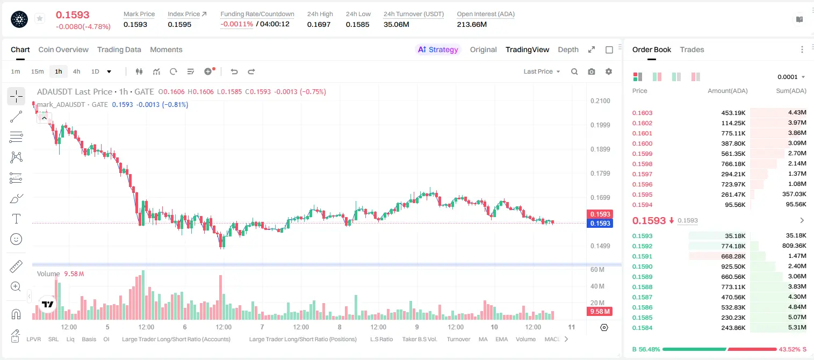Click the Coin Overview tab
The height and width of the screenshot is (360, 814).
tap(63, 49)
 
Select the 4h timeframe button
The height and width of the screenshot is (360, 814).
tap(76, 71)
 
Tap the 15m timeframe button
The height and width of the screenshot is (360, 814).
tap(38, 71)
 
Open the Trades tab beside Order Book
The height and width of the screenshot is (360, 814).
tap(692, 49)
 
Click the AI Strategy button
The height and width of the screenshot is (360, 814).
tap(438, 49)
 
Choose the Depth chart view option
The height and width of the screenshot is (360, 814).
tap(568, 49)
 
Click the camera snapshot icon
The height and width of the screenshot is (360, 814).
tap(592, 71)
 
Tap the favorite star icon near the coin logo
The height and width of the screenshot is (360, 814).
tap(40, 18)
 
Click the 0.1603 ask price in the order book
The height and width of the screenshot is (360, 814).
tap(642, 113)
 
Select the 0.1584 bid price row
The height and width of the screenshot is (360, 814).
tap(642, 328)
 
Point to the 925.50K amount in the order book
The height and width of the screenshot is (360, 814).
tap(733, 267)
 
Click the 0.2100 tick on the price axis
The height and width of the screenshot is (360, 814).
tap(600, 101)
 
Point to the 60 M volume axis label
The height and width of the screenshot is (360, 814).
tap(597, 270)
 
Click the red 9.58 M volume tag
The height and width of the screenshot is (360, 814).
tap(600, 311)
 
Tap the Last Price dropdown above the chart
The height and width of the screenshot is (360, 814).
tap(542, 71)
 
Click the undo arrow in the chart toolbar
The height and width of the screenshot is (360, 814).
tap(234, 71)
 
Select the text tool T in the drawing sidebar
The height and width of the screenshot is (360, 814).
tap(16, 219)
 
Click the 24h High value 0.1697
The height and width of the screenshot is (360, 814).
tap(319, 24)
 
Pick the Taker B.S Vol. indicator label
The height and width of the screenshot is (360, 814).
tap(419, 339)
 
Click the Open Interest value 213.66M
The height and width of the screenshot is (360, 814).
tap(472, 24)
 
